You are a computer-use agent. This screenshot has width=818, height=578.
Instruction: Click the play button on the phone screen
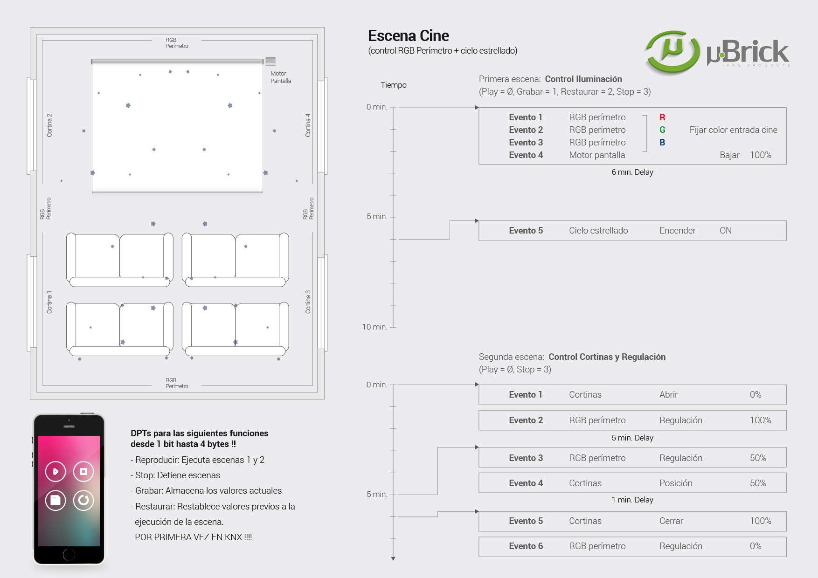[x=55, y=471]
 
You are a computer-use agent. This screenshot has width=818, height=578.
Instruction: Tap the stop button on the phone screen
[x=83, y=471]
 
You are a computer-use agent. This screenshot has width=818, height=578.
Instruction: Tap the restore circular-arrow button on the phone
[x=83, y=500]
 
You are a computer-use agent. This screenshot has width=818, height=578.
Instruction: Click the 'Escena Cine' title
[x=408, y=36]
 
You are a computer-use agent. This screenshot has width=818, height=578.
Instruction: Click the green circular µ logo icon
[x=672, y=52]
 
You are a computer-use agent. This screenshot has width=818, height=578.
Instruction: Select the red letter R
[x=662, y=117]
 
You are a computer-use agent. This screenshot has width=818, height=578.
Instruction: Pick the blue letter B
[x=662, y=143]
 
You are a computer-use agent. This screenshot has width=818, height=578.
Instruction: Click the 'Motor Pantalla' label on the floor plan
[x=281, y=77]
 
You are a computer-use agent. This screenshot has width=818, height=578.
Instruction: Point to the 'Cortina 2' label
[x=49, y=125]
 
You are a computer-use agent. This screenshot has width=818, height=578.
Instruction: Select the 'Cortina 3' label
[x=308, y=302]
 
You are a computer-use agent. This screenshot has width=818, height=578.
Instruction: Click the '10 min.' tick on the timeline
[x=375, y=327]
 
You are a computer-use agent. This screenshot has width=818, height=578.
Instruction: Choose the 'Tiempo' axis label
[x=393, y=85]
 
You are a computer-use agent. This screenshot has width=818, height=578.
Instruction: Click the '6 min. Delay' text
[x=632, y=172]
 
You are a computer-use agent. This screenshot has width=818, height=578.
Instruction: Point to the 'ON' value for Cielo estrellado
[x=725, y=231]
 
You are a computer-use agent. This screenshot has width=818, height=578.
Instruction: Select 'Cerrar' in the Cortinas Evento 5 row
[x=671, y=521]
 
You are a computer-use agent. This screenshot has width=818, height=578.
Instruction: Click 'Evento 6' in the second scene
[x=526, y=546]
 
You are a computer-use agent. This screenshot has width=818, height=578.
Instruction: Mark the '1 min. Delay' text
[x=632, y=500]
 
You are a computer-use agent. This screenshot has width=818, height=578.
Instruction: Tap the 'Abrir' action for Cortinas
[x=668, y=395]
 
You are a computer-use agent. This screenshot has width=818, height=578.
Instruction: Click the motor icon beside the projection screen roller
[x=270, y=61]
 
